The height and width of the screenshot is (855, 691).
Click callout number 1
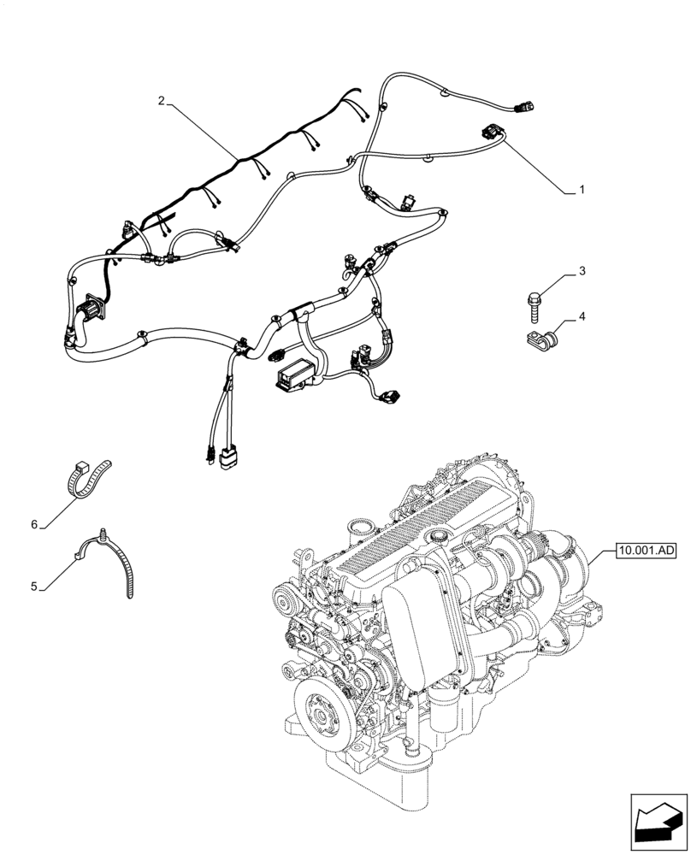click(582, 190)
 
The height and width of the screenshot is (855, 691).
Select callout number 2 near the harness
click(161, 101)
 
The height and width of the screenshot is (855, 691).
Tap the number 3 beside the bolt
click(581, 272)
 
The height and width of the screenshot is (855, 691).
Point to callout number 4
click(581, 317)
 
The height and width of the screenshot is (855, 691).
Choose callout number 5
click(34, 587)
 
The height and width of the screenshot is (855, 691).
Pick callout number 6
click(34, 524)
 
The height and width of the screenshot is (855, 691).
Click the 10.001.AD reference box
click(644, 551)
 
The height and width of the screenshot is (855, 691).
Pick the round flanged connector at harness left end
click(89, 306)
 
